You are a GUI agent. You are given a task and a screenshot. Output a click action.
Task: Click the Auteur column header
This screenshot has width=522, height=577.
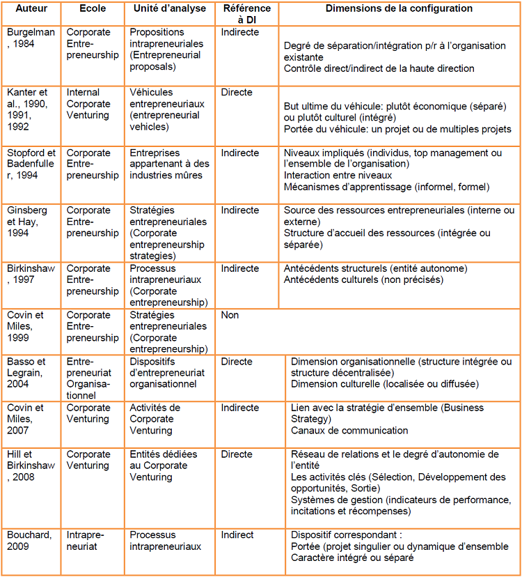31,9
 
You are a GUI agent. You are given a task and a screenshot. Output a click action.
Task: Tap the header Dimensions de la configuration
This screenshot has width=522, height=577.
400,9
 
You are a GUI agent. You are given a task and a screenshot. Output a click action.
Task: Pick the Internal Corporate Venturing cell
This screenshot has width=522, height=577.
88,104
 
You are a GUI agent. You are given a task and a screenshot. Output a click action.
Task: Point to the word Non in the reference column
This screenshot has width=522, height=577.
230,315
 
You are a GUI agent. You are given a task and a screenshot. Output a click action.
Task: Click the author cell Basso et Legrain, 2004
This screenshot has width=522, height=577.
31,373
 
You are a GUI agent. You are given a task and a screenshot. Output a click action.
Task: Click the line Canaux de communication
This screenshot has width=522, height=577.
349,431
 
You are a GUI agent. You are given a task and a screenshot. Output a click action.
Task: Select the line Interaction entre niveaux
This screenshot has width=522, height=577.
338,176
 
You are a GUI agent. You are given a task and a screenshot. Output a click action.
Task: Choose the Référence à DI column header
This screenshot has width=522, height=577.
247,15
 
